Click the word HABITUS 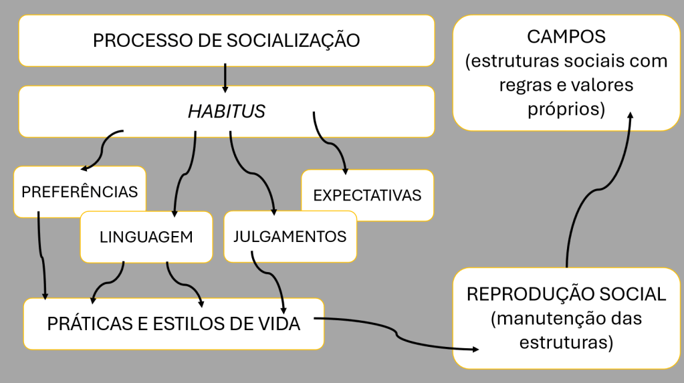click(227, 111)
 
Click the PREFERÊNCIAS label click(80, 191)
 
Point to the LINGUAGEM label click(146, 237)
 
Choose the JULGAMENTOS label click(290, 237)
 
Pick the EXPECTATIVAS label click(367, 195)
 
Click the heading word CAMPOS click(566, 37)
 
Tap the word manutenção click(553, 317)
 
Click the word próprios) click(566, 109)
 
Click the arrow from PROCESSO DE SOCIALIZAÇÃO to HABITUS click(225, 78)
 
